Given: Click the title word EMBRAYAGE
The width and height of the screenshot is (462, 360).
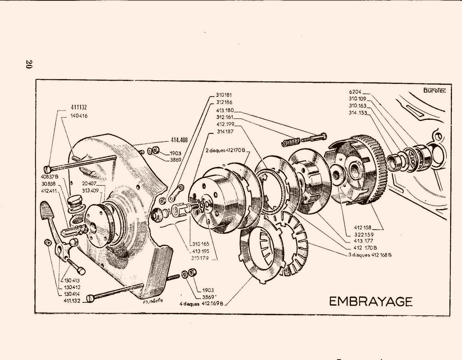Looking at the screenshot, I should (x=370, y=301).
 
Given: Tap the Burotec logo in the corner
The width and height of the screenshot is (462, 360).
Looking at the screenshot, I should (x=434, y=90).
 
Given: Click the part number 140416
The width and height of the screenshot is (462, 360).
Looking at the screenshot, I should (x=79, y=116).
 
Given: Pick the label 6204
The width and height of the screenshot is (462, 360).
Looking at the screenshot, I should (x=355, y=92).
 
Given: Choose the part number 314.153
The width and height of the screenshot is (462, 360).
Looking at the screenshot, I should (x=358, y=113).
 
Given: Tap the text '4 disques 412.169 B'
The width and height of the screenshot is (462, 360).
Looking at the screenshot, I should (x=202, y=303).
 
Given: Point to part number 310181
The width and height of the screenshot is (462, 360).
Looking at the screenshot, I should (x=225, y=95).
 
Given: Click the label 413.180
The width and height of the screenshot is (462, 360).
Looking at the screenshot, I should (x=225, y=111).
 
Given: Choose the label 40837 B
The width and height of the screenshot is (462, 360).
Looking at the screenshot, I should (x=50, y=176).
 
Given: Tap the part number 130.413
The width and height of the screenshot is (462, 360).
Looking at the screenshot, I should (x=73, y=280).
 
